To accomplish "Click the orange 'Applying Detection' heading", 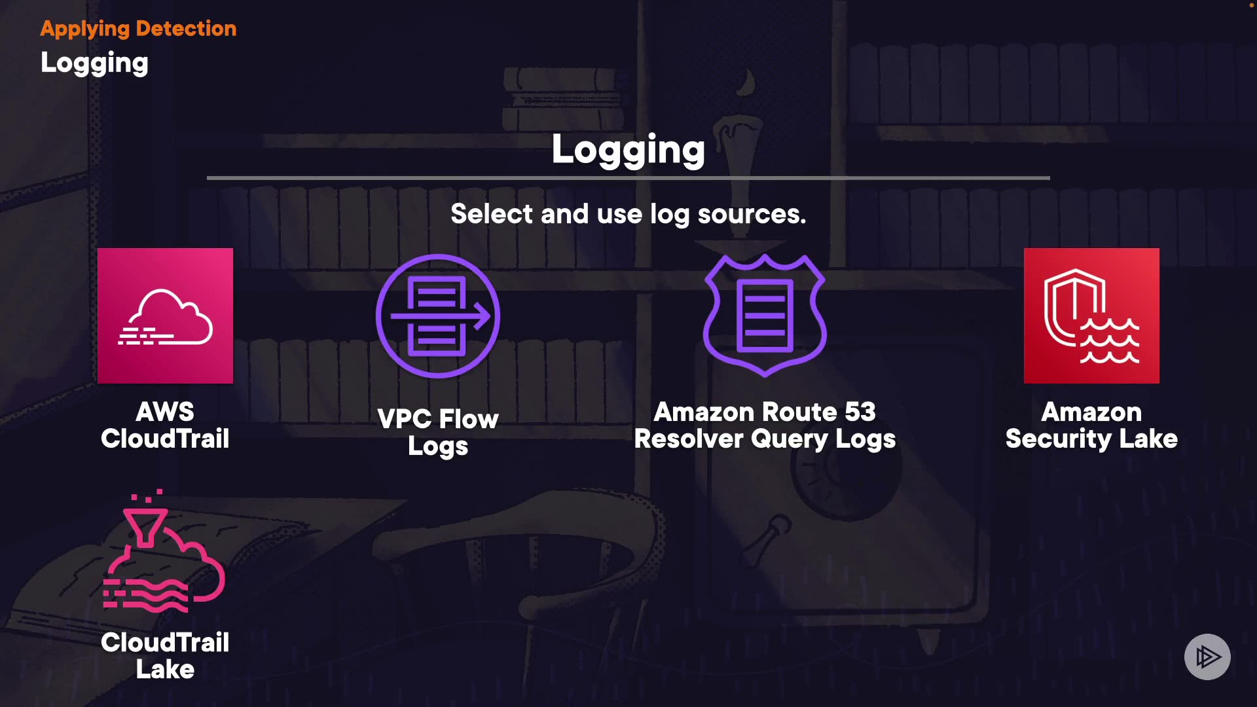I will [138, 28].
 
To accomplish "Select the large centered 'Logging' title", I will [628, 150].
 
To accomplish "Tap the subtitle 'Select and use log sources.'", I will [628, 214].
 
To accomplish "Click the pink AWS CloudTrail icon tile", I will [165, 316].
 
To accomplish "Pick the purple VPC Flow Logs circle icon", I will [437, 316].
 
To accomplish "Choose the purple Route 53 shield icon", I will [764, 315].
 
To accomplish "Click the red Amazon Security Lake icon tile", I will [1091, 316].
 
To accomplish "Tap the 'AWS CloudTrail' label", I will [165, 425].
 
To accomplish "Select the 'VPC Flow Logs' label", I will [437, 432].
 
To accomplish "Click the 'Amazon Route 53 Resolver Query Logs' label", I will [764, 425].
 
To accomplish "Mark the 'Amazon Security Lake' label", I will [1091, 425].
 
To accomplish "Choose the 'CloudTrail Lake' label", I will [165, 655].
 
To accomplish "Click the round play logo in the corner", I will [1207, 657].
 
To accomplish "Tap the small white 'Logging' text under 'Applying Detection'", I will [94, 63].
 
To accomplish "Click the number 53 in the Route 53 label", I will [860, 412].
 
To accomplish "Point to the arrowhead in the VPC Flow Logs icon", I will [483, 316].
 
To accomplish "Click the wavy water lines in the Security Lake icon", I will [1110, 341].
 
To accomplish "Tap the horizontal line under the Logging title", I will [628, 177].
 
